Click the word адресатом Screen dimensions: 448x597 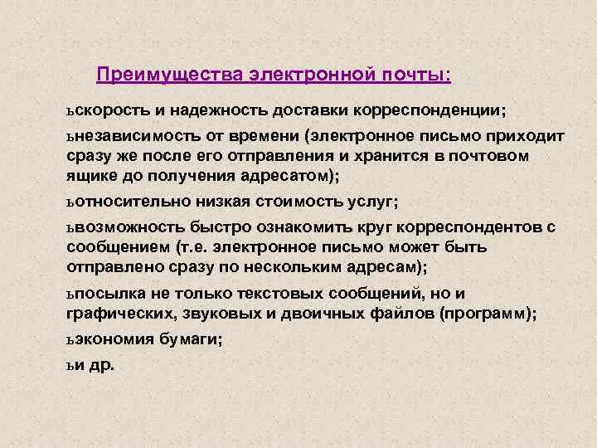pyautogui.click(x=282, y=174)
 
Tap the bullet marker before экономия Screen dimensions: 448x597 pyautogui.click(x=70, y=338)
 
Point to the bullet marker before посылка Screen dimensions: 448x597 pyautogui.click(x=70, y=293)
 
